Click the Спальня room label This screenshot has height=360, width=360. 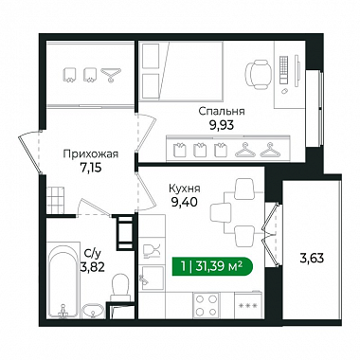222,112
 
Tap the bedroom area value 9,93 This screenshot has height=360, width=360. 222,125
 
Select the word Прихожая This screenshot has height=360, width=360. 91,154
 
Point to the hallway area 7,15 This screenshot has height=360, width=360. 91,168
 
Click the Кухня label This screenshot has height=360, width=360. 185,189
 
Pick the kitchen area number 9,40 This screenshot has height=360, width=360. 185,202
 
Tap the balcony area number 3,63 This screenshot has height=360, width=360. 312,259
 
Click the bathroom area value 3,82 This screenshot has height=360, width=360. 92,267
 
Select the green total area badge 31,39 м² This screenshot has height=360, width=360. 212,267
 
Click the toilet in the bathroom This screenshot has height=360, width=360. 120,287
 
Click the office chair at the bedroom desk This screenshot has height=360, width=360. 258,74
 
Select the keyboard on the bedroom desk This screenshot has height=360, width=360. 284,70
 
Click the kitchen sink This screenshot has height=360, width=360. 152,279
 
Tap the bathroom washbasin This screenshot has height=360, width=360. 93,312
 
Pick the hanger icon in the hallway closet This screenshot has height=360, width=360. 111,75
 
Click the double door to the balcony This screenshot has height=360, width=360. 271,235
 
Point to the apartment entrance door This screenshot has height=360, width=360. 31,153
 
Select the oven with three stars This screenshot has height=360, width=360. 248,305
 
